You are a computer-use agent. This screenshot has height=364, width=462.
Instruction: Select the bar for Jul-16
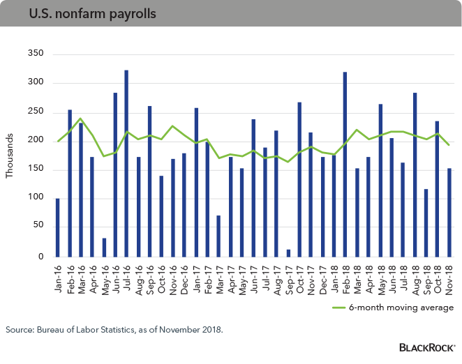(x=126, y=163)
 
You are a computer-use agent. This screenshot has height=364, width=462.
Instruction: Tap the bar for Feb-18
(x=345, y=164)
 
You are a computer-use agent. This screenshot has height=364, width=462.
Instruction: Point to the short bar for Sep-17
(x=288, y=252)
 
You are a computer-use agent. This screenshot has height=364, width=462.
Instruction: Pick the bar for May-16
(x=103, y=248)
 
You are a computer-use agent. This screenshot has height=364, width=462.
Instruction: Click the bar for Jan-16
(x=57, y=227)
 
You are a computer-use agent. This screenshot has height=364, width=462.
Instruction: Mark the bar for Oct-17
(x=299, y=179)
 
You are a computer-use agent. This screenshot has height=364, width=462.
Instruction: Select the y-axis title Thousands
(x=10, y=155)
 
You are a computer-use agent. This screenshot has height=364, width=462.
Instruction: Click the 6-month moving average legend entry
(x=419, y=307)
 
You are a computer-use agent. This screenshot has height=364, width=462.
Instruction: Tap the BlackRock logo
(x=426, y=347)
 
